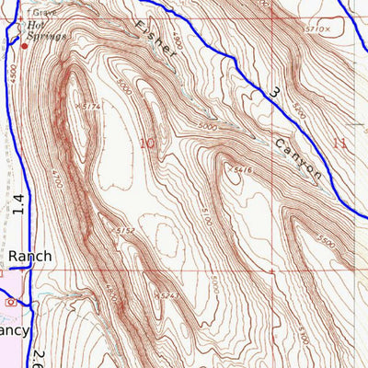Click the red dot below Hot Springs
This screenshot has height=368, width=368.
25,44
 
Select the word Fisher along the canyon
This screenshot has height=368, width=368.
154,40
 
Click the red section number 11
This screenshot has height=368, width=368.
340,143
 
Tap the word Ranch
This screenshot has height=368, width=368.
30,256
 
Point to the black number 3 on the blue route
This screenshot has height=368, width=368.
274,93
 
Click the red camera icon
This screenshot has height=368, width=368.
10,301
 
